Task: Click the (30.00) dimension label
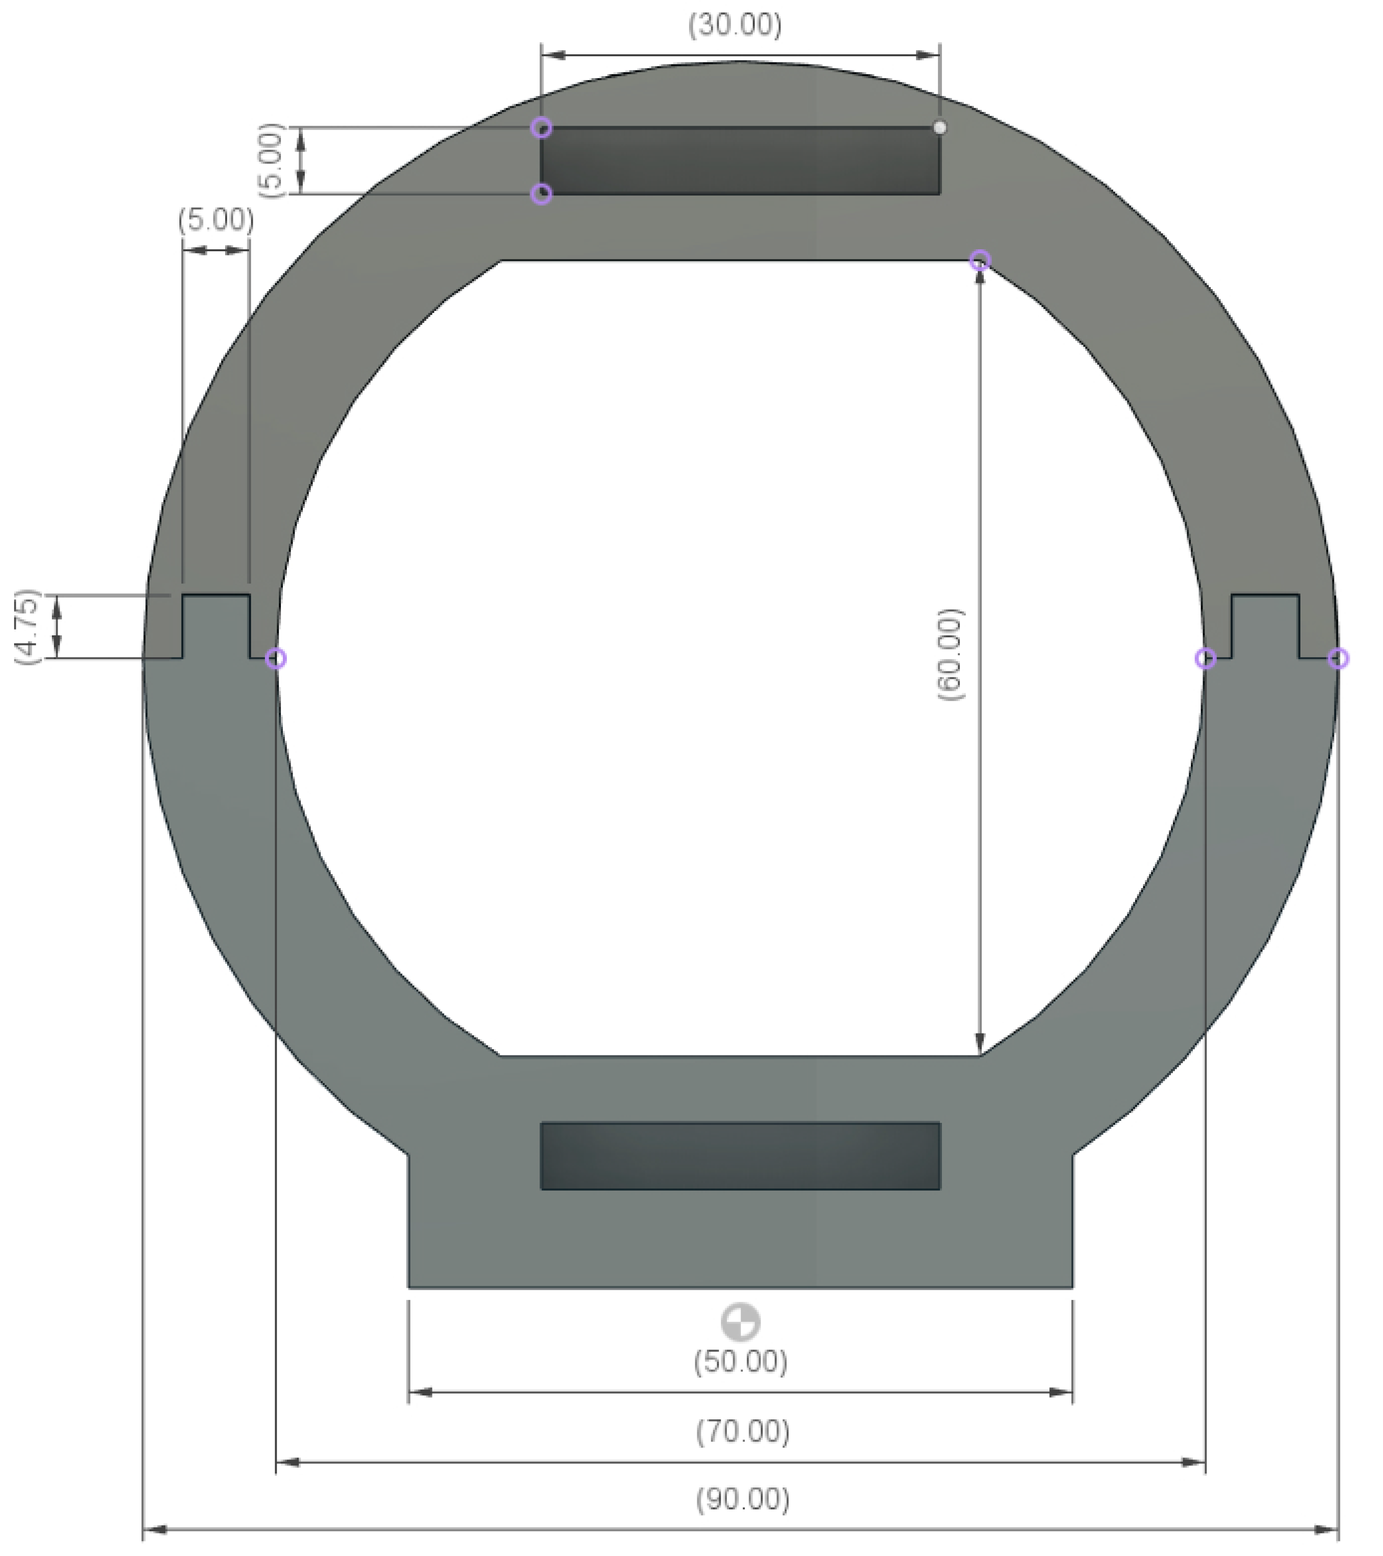[734, 25]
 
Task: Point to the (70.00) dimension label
[742, 1431]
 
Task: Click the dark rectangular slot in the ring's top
[740, 161]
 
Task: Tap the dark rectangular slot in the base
[740, 1155]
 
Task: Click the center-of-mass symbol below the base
[740, 1322]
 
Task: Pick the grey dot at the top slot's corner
[940, 128]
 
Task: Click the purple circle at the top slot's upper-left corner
[542, 128]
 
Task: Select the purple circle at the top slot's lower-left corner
[542, 194]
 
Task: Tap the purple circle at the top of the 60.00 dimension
[980, 260]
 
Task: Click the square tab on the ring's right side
[1265, 626]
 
